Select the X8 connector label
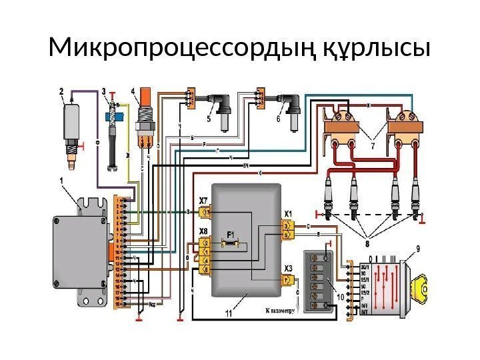pos(204,231)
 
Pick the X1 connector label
pos(288,214)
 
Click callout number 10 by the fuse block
pos(340,297)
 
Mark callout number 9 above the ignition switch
pos(417,249)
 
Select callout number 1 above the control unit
pos(62,180)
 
